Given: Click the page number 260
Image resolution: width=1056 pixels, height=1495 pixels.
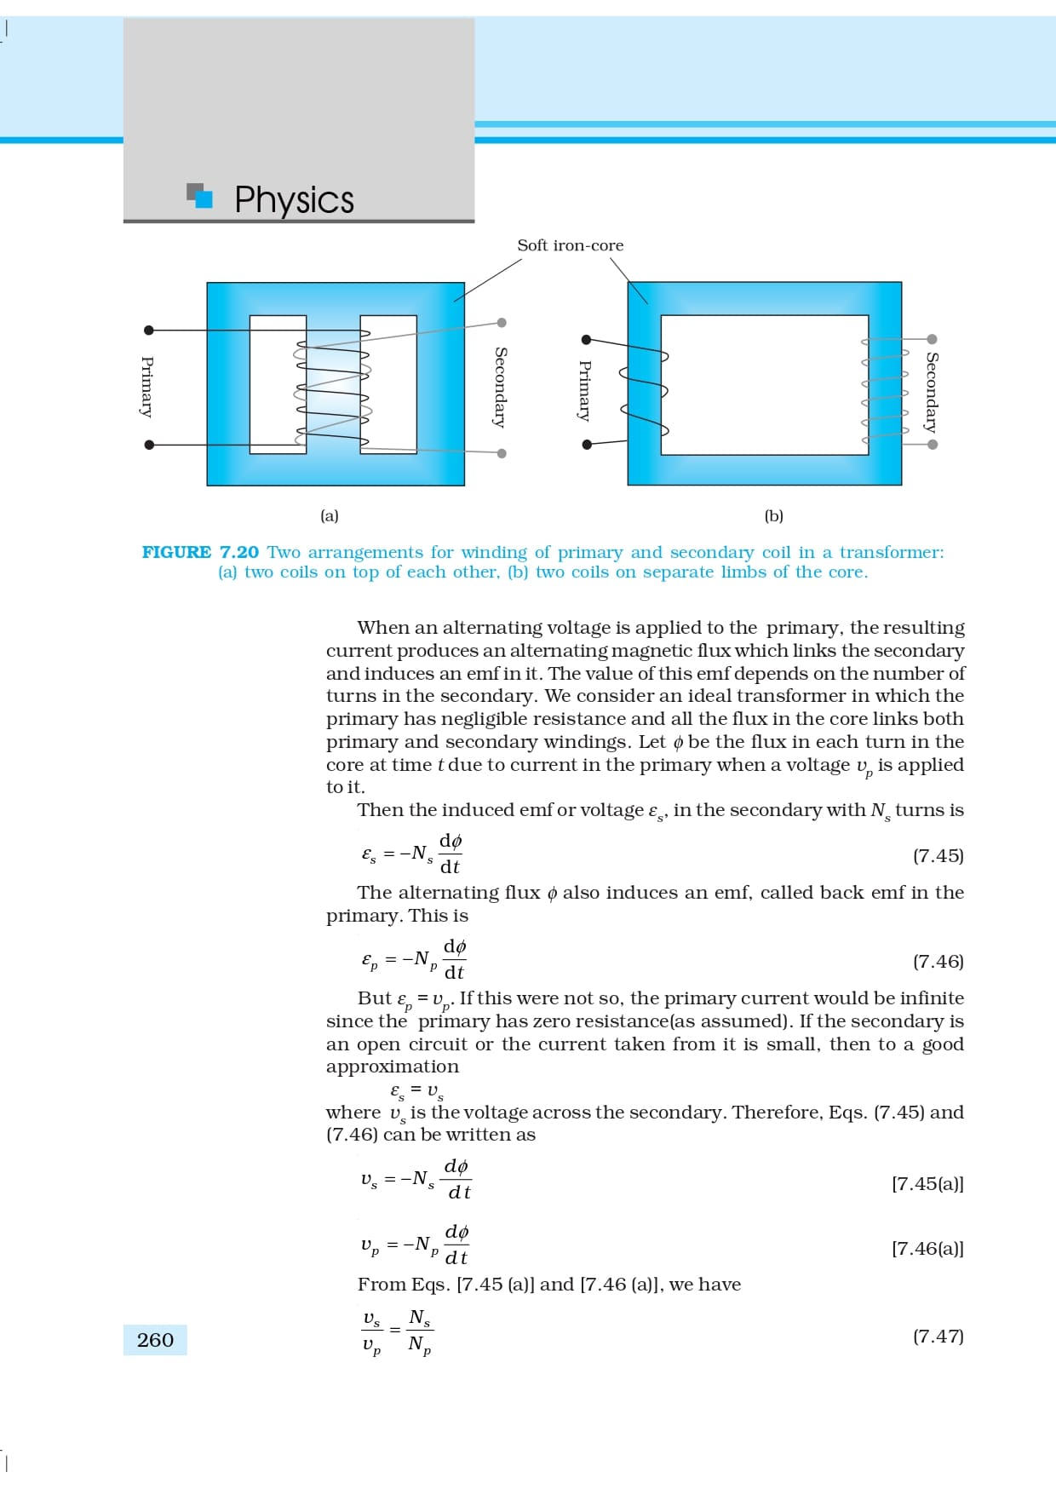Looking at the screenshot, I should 155,1340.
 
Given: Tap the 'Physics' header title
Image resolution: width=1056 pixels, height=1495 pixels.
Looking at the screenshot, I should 294,200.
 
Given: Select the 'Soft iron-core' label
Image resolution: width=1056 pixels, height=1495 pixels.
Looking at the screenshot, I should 570,245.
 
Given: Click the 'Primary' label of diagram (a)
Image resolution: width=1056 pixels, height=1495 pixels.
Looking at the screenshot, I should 147,387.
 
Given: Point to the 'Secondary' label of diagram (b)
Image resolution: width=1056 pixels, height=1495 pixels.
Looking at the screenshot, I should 933,392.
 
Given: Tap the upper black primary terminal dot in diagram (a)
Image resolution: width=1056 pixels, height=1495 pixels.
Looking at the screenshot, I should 149,330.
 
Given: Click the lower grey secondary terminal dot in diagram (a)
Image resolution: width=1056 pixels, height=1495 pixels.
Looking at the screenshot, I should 502,453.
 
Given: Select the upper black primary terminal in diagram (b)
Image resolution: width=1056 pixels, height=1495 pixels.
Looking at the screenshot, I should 586,339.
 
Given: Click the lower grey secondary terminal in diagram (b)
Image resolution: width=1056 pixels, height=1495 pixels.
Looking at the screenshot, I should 933,444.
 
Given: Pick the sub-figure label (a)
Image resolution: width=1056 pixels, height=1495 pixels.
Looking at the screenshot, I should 330,515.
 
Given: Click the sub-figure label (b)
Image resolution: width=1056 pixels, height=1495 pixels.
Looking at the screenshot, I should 773,515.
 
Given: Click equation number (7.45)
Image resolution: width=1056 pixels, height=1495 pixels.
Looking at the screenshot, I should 938,855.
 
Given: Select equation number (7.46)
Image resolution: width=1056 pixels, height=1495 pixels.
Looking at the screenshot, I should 938,961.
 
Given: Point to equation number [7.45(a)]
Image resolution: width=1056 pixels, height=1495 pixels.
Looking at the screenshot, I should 927,1183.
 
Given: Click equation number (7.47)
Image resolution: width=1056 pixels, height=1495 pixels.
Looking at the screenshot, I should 938,1336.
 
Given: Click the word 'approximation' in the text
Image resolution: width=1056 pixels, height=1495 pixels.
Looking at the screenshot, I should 393,1067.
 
